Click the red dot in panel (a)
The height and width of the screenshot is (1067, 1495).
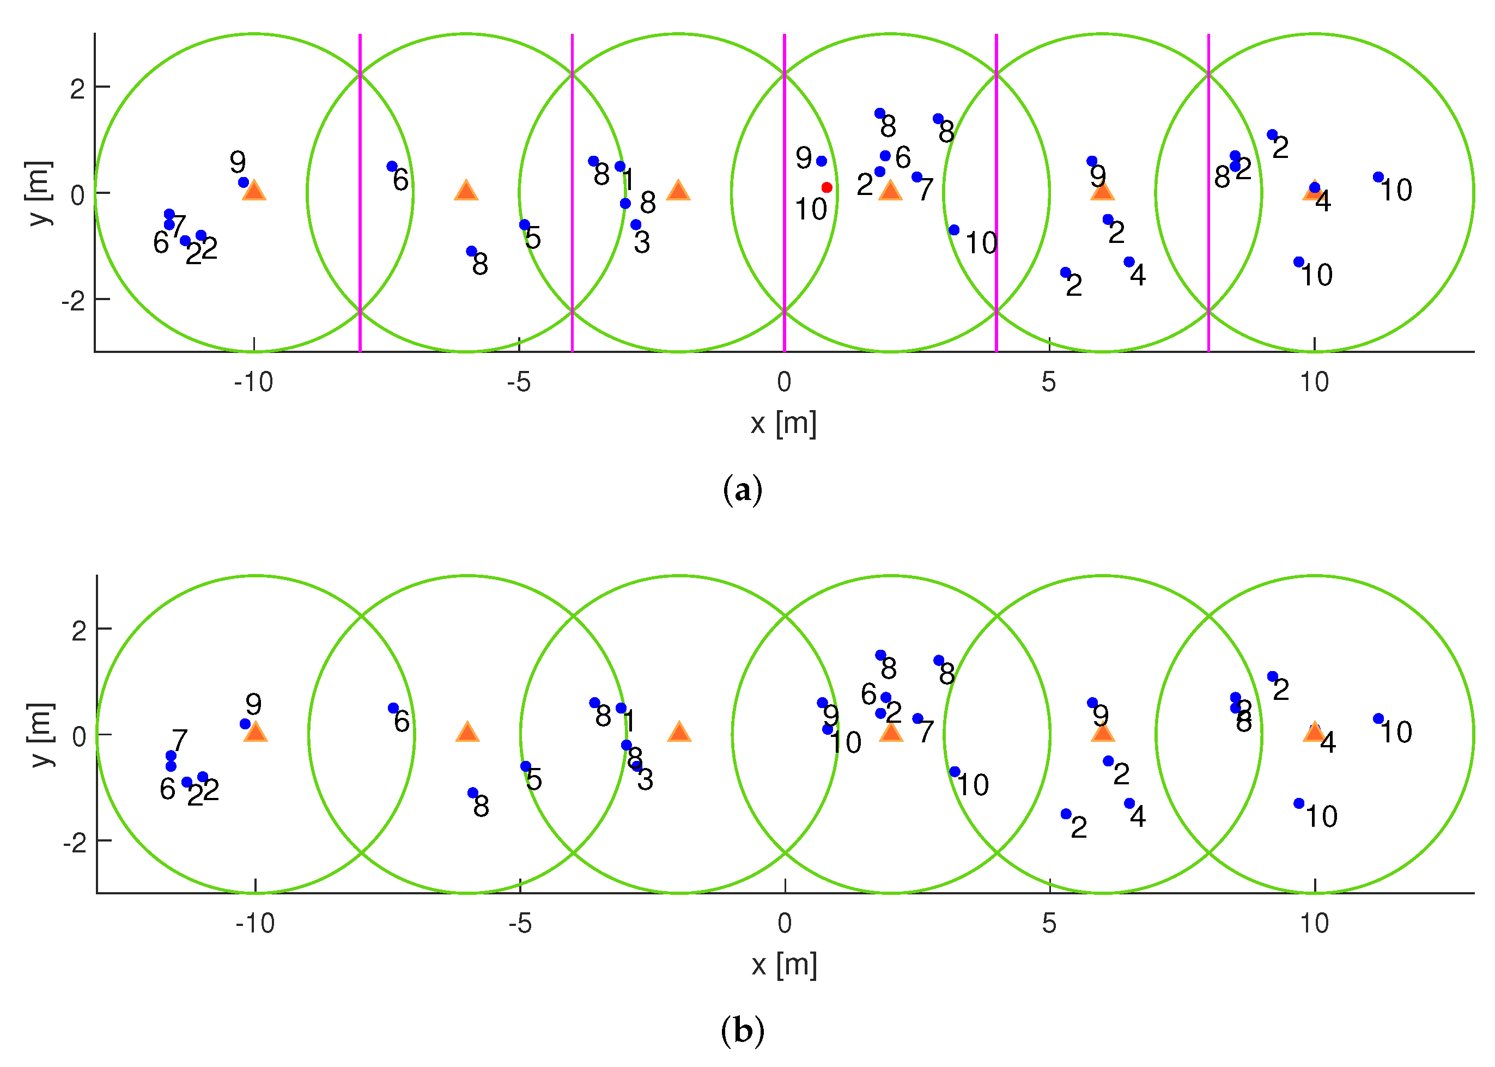point(826,188)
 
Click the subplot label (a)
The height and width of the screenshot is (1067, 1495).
point(743,490)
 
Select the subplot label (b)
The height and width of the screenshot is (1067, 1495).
point(743,1031)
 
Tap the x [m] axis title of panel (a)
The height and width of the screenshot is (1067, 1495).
point(783,423)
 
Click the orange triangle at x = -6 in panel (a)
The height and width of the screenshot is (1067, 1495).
point(466,191)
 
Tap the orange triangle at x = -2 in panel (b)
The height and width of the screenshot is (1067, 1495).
point(679,732)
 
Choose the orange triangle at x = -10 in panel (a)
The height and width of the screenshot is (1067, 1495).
point(254,191)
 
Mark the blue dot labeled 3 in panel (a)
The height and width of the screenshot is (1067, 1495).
point(635,225)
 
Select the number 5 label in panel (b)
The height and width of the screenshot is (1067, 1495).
point(534,780)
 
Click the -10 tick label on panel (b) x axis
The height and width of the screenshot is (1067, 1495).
point(255,924)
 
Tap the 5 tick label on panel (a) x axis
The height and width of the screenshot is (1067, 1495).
point(1049,382)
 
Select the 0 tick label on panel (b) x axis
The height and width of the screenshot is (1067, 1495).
point(785,924)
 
